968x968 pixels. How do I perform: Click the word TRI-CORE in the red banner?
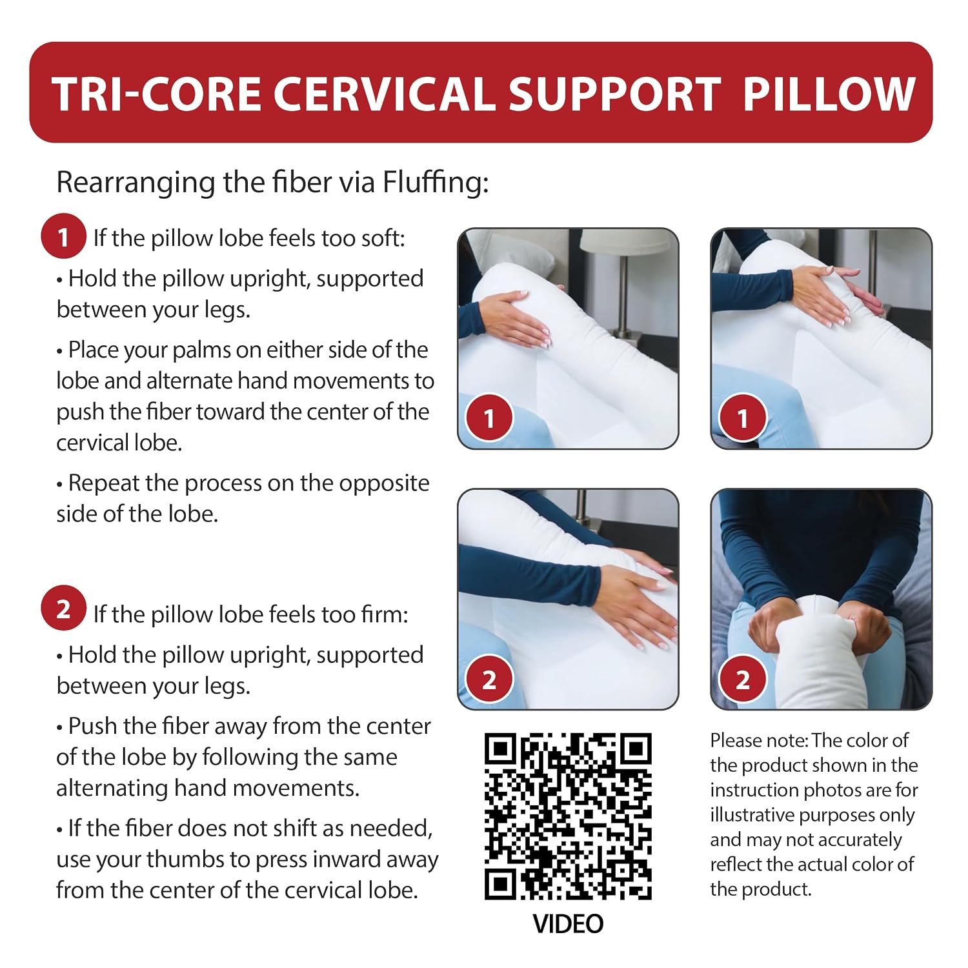pos(157,94)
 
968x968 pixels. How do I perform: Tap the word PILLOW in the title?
pos(829,94)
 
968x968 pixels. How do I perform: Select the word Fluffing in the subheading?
pos(436,183)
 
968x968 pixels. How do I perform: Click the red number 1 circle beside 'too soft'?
pos(63,236)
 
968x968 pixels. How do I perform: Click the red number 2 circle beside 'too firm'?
pos(63,609)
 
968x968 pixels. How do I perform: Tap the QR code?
pos(568,816)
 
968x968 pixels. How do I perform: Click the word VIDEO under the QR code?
pos(568,924)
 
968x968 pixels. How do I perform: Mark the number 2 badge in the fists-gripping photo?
pos(743,680)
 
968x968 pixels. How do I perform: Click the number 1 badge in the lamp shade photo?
pos(489,419)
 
